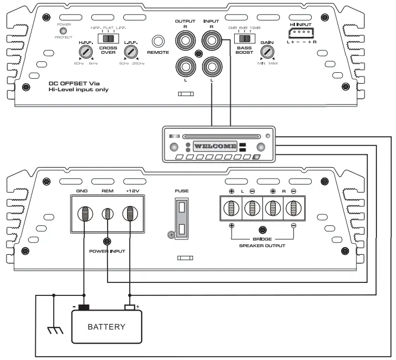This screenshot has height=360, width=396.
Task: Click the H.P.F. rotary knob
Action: click(85, 52)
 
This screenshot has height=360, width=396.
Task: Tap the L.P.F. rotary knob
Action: click(130, 52)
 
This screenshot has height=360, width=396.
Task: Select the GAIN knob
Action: click(266, 52)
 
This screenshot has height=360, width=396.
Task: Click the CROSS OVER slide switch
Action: click(111, 39)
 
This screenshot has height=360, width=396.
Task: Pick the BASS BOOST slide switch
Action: click(244, 39)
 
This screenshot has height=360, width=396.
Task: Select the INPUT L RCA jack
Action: click(211, 67)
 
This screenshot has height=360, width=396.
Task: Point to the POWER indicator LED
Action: click(63, 31)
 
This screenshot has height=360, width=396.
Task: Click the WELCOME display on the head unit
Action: click(215, 146)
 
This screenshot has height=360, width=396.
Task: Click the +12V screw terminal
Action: click(130, 213)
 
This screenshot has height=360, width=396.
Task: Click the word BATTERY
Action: click(106, 327)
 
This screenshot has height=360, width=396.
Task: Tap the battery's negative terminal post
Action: click(84, 307)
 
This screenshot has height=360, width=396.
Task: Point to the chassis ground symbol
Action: click(54, 330)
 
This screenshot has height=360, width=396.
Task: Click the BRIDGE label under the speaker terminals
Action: click(263, 238)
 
